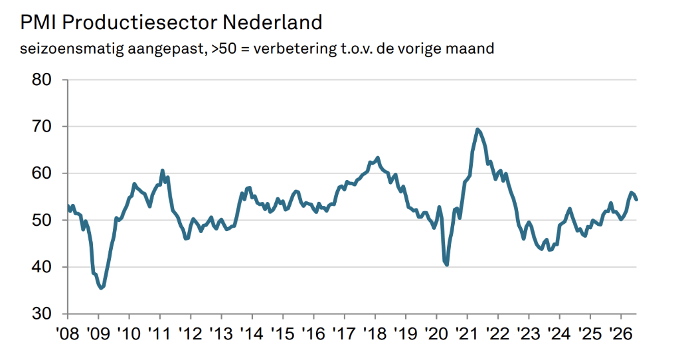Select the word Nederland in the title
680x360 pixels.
click(272, 23)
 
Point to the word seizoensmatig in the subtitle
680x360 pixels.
click(72, 48)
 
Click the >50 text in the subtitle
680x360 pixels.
click(224, 48)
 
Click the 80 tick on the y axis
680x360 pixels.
click(42, 80)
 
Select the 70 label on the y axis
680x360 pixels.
click(42, 127)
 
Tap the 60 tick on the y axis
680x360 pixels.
click(42, 173)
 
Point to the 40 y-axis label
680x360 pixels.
click(42, 267)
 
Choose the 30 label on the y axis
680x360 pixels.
click(42, 314)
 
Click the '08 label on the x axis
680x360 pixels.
click(68, 333)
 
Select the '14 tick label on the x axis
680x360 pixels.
click(252, 333)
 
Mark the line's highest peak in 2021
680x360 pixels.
click(477, 130)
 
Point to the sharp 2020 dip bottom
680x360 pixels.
click(446, 264)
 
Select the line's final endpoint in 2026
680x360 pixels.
click(636, 199)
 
